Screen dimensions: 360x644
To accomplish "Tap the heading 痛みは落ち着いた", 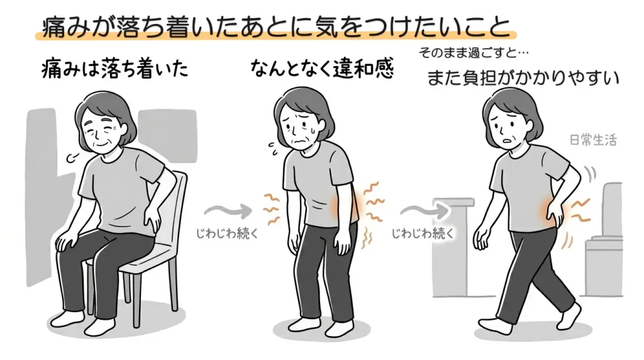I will tap(113, 70).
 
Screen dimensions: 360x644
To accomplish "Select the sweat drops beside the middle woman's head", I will tap(272, 149).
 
